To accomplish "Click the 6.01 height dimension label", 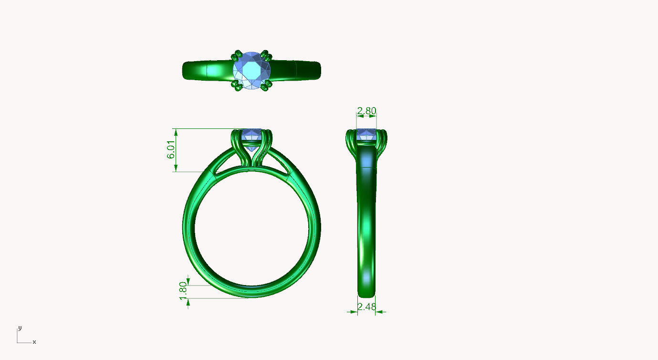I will (170, 150).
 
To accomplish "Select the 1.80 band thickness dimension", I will (182, 291).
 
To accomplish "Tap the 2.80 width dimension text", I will (366, 111).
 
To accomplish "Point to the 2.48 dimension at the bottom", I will (366, 307).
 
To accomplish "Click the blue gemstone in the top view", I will (251, 71).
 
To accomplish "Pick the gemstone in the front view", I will (251, 135).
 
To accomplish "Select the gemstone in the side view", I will (366, 135).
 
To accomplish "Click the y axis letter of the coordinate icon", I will (20, 328).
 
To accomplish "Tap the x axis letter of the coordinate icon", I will (34, 342).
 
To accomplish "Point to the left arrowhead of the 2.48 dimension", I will (354, 312).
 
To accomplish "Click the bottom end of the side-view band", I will (366, 293).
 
